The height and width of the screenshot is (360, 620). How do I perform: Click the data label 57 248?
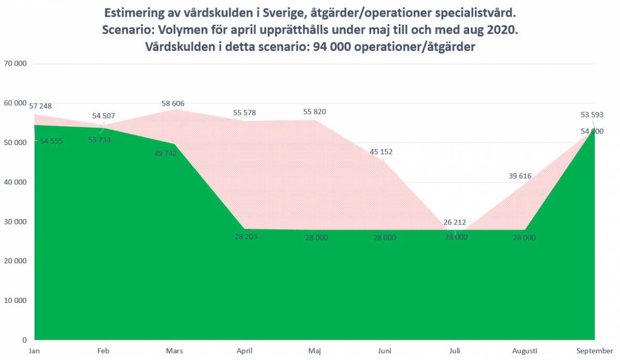click(x=40, y=106)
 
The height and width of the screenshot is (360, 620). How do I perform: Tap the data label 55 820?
click(x=314, y=111)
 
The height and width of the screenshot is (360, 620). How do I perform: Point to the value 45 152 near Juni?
click(x=381, y=152)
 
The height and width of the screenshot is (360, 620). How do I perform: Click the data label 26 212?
click(x=454, y=223)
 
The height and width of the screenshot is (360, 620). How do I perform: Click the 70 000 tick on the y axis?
click(x=16, y=64)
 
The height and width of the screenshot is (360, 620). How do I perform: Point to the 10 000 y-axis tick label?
click(x=16, y=301)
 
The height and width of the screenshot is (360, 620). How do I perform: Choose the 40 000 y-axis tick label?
click(x=16, y=182)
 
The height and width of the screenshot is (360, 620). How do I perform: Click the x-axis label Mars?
click(x=174, y=351)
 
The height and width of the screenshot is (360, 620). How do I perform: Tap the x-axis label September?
click(x=594, y=351)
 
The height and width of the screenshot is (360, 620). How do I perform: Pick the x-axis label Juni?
click(x=385, y=351)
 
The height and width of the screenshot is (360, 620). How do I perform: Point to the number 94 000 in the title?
click(x=330, y=47)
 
